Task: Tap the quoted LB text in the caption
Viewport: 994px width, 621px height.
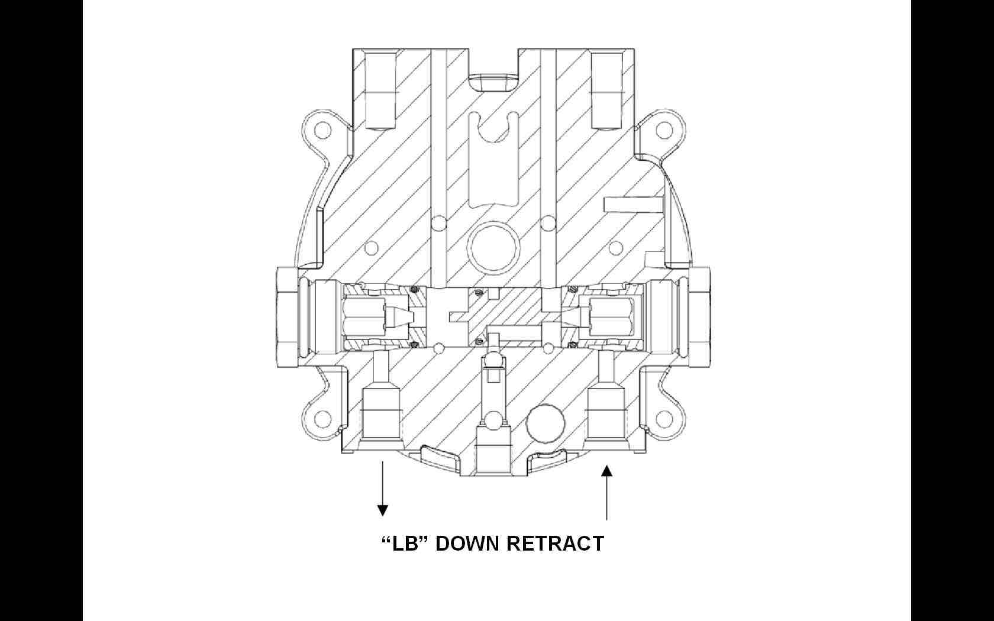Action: tap(405, 543)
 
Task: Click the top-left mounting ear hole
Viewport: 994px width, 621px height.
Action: tap(321, 130)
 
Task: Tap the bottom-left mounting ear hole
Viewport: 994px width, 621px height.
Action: tap(321, 419)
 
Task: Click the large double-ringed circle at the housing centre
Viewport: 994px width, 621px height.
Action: tap(493, 247)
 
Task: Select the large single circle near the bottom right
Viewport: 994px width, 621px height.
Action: tap(546, 423)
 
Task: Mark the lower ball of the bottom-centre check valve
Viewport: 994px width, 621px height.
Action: tap(493, 419)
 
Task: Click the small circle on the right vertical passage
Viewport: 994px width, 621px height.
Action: tap(548, 223)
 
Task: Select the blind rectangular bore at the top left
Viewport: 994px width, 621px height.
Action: tap(380, 90)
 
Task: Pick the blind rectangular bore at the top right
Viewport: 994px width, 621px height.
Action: tap(606, 90)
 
